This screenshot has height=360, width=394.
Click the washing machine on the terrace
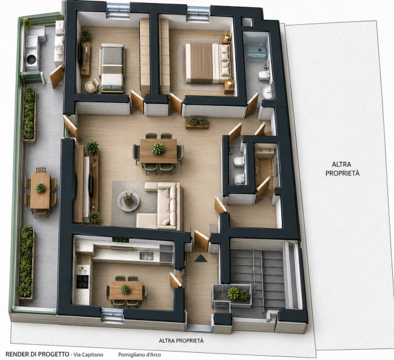point(32,60)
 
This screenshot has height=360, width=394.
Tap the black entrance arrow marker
point(201,258)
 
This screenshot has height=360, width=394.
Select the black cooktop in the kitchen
point(82,281)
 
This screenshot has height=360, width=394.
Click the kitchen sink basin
point(147,256)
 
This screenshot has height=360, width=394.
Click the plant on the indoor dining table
point(158,148)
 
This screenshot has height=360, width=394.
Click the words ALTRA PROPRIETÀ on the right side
point(342,169)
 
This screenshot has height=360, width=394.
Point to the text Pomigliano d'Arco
point(139,355)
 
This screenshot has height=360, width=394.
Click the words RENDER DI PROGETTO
point(37,354)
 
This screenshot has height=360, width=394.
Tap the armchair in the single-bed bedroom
point(92,85)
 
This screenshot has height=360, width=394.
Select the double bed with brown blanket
point(208,63)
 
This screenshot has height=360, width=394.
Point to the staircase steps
point(258,276)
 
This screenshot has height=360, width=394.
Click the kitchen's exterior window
point(112,315)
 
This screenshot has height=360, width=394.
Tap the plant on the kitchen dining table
point(125,289)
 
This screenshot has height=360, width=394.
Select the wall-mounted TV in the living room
point(91,185)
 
